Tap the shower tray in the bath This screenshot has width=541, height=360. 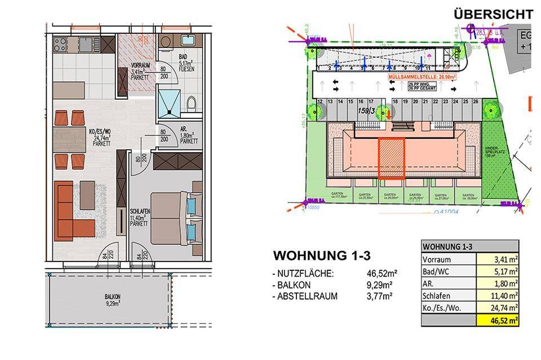tap(171, 101)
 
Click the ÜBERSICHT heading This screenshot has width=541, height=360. tap(493, 14)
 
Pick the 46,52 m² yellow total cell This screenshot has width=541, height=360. tap(498, 322)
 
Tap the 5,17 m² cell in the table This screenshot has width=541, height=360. tap(498, 272)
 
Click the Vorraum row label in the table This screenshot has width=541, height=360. tap(437, 260)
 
